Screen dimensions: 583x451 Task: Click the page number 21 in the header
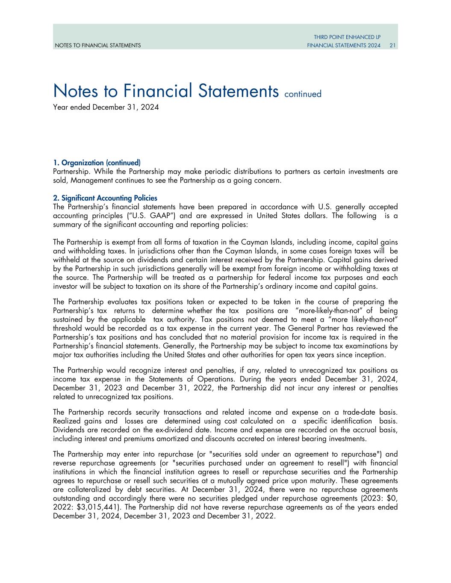(x=392, y=45)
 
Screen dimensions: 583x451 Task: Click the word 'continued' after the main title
(x=302, y=94)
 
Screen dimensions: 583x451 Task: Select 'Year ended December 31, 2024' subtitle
(x=106, y=107)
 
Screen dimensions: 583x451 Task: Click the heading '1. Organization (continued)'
(x=97, y=163)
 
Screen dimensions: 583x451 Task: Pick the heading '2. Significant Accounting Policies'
(x=105, y=198)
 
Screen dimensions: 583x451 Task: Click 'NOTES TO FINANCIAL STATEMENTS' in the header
(x=97, y=45)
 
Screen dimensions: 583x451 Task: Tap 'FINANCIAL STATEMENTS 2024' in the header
(x=344, y=45)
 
